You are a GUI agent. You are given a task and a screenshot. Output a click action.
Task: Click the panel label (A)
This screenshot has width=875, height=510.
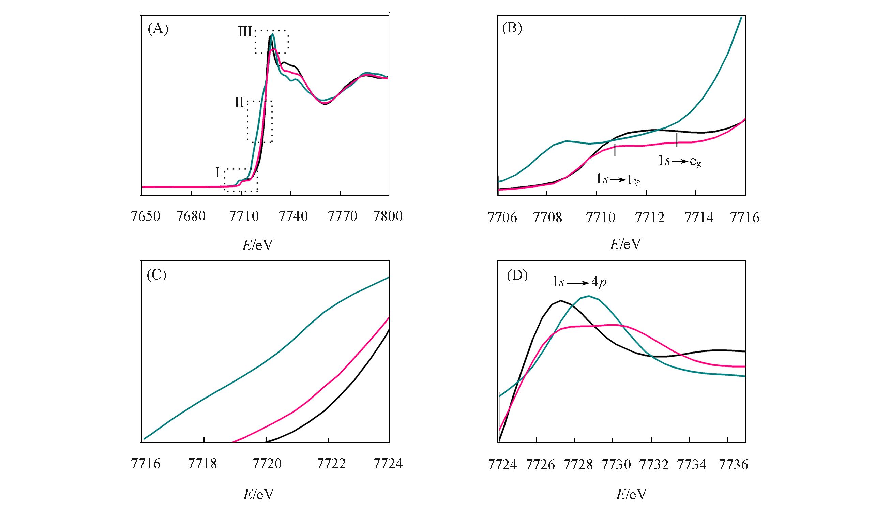click(158, 29)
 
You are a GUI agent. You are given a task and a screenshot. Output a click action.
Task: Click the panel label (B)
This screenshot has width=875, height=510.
click(512, 29)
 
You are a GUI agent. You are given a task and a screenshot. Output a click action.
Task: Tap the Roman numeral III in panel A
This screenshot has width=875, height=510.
click(245, 32)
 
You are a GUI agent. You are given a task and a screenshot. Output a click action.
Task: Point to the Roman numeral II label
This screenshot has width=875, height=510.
click(239, 103)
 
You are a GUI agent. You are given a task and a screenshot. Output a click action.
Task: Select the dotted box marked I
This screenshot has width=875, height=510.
click(241, 180)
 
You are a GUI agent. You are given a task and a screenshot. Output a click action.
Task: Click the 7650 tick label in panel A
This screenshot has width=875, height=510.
click(146, 216)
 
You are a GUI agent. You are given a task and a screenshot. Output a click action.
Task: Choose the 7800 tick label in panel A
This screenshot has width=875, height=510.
click(388, 216)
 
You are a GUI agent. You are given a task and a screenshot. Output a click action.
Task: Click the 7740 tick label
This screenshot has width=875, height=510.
click(293, 216)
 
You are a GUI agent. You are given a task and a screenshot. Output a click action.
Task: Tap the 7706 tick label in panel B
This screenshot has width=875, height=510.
click(502, 218)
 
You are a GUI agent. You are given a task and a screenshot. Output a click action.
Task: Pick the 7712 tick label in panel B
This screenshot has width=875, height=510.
click(650, 218)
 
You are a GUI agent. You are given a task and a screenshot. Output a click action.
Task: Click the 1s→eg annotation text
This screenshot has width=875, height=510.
click(679, 161)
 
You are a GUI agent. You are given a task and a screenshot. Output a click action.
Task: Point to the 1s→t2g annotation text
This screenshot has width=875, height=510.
click(618, 180)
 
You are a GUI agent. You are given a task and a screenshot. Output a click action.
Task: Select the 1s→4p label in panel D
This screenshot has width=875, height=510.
click(579, 282)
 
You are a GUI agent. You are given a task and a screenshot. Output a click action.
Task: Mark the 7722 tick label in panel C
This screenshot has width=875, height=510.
click(332, 464)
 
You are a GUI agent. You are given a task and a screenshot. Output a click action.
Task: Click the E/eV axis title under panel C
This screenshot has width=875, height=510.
click(258, 494)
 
